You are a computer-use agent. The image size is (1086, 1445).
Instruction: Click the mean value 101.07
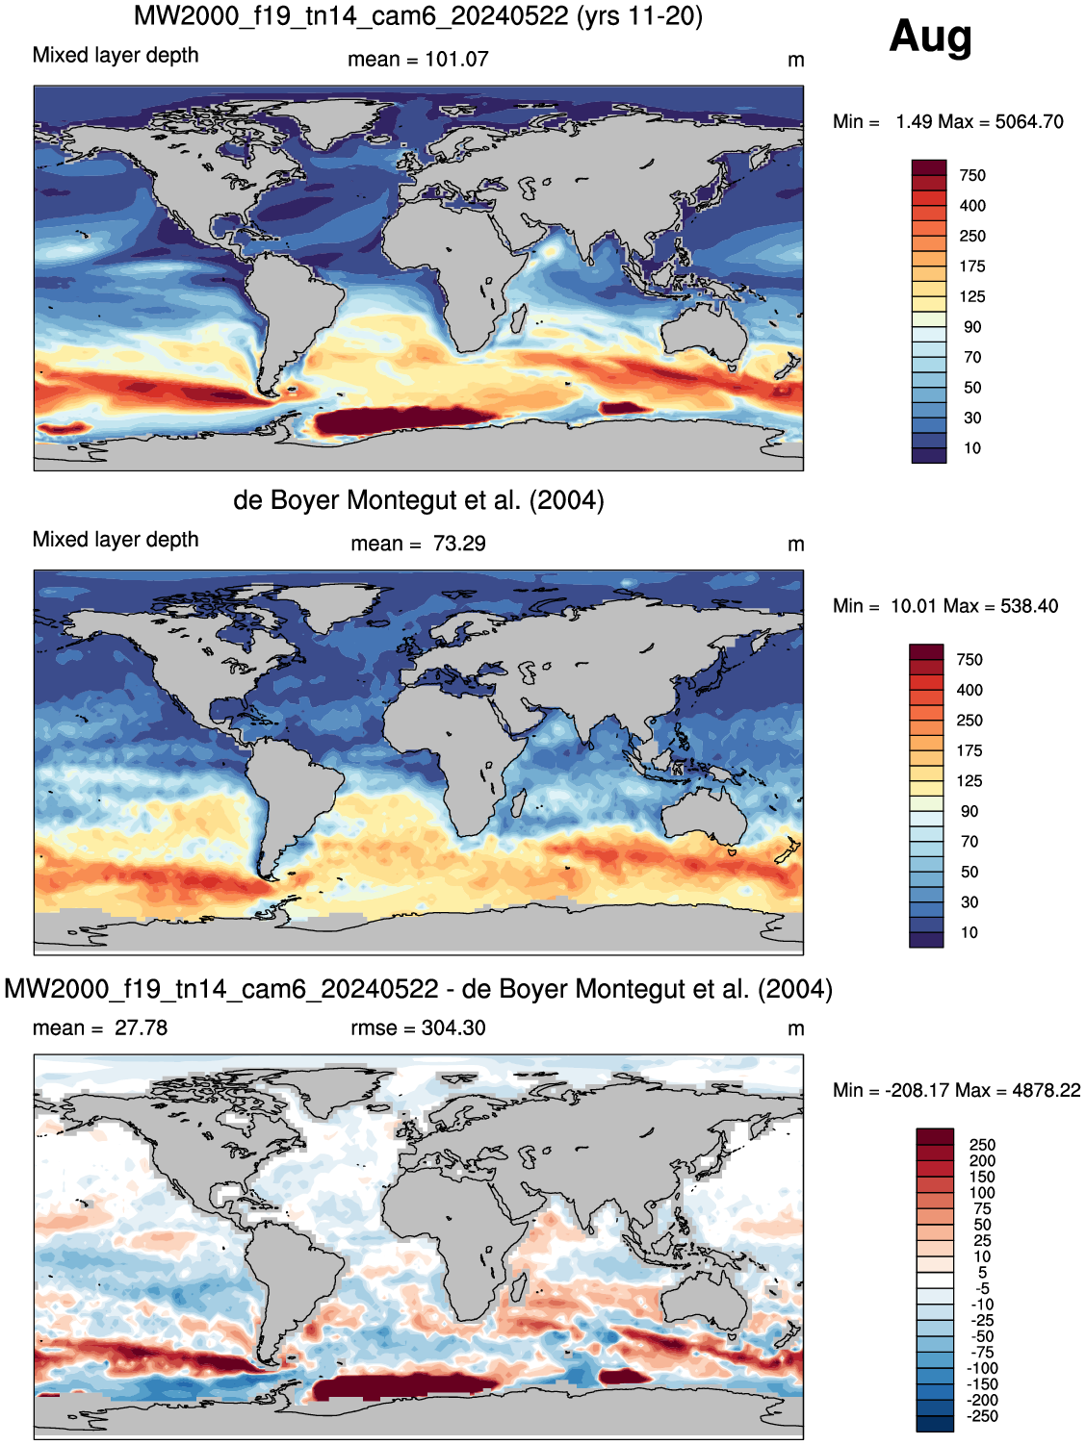pos(456,60)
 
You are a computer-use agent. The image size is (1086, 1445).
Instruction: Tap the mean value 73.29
pos(459,544)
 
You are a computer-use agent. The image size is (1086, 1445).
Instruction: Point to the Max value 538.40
pos(1029,606)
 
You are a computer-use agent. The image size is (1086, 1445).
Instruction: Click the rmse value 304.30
pos(453,1028)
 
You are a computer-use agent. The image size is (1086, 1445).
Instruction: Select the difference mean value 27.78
pos(141,1028)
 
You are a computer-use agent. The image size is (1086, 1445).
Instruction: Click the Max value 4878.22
pos(1047,1091)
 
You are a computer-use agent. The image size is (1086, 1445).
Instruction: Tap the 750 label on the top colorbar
pos(972,176)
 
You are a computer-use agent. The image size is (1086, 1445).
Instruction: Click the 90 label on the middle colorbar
pos(969,812)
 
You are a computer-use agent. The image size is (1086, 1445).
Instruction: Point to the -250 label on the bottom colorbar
pos(981,1416)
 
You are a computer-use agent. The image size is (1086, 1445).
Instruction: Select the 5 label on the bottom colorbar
pos(982,1273)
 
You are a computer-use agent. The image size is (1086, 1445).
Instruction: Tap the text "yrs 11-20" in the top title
pos(639,15)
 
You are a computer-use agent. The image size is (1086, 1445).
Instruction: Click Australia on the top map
pos(704,333)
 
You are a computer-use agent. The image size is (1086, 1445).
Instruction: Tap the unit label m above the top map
pos(795,61)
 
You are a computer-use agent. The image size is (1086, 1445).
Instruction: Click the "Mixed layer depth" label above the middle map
pos(116,540)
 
